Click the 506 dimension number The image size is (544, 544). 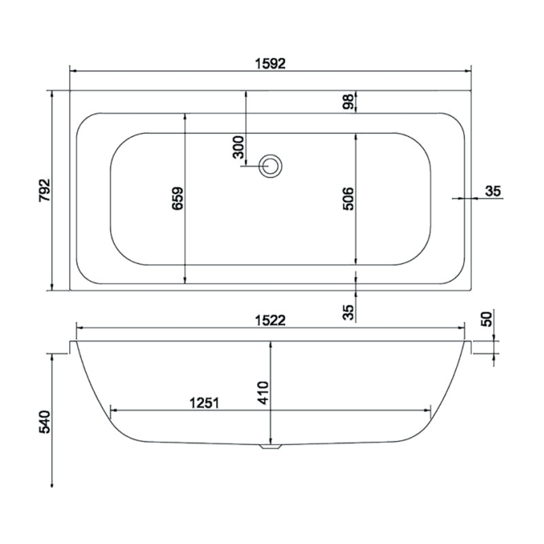[x=347, y=198]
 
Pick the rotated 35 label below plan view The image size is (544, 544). [x=347, y=312]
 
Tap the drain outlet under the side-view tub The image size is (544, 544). [x=271, y=447]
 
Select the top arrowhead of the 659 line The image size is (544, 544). [x=185, y=116]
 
